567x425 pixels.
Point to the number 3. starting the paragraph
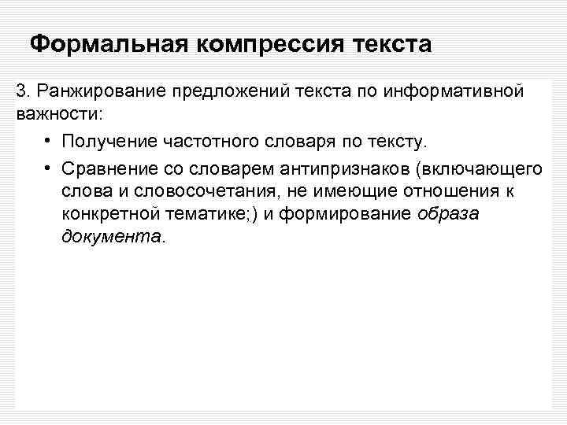pyautogui.click(x=23, y=92)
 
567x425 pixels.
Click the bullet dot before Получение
pyautogui.click(x=49, y=141)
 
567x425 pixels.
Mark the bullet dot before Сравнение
pyautogui.click(x=49, y=169)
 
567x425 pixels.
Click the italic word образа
pyautogui.click(x=451, y=215)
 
